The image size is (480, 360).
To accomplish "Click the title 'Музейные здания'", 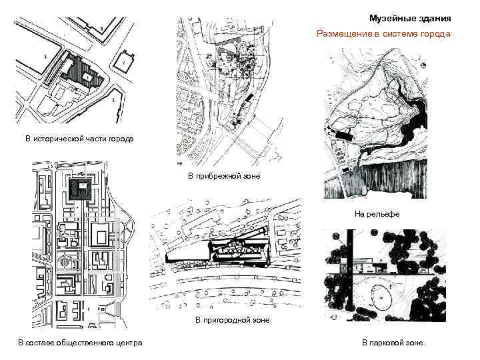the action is point(410,19).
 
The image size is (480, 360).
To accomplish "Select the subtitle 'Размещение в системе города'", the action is point(383,34).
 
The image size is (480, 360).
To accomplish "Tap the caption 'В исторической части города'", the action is point(79,139).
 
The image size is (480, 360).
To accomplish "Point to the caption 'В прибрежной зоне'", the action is point(224,176).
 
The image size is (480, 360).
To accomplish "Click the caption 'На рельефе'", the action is point(377,214).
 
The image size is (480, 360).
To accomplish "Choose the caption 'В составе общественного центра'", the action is point(80,343).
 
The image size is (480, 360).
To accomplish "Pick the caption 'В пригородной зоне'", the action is point(233,320).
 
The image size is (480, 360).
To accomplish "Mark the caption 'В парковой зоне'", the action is point(393,343).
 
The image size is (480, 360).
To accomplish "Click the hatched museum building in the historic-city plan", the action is point(82,72).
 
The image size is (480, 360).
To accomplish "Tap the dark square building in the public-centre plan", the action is point(80,189).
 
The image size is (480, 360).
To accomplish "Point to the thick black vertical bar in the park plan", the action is point(350,275).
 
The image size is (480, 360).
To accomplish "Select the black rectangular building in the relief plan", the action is point(343,135).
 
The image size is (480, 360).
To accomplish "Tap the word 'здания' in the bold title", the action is point(435,19).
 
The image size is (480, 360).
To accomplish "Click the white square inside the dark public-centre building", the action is point(82,189).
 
